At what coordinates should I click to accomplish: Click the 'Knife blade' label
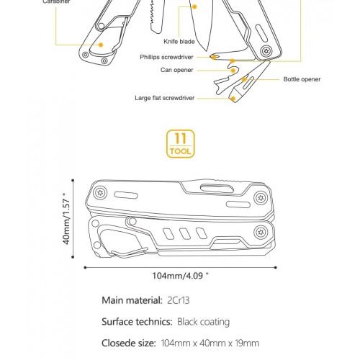179,42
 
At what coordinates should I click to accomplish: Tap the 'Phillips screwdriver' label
166,57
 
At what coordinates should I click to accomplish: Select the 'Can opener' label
176,70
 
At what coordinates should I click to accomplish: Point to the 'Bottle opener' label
302,79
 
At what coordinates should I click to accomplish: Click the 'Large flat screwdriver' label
165,98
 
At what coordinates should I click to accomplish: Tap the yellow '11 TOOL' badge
181,144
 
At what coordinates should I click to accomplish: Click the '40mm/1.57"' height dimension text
66,219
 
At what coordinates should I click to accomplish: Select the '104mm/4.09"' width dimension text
181,276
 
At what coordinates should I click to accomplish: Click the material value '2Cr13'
179,300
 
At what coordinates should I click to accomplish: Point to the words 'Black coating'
203,322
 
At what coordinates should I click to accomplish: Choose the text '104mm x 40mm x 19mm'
210,343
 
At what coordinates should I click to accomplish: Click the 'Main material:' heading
132,300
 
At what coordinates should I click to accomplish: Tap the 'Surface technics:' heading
137,322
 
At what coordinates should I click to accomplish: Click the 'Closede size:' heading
129,343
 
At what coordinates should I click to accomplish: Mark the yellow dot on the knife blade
195,6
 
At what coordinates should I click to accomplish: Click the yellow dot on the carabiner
101,45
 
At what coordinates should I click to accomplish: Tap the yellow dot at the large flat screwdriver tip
233,99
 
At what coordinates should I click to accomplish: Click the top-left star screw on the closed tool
100,193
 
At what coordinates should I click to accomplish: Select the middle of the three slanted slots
184,233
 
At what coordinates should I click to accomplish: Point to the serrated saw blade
156,16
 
